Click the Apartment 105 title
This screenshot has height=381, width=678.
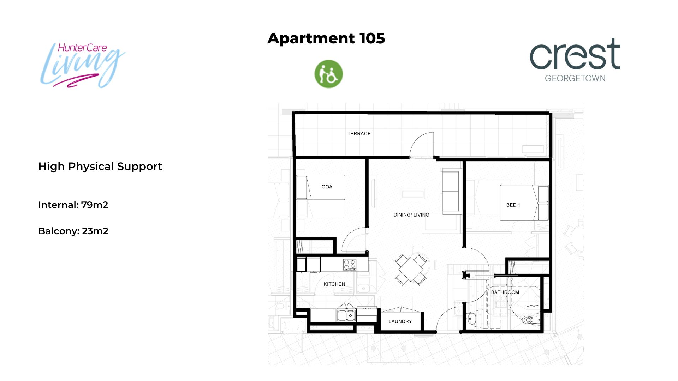pyautogui.click(x=326, y=38)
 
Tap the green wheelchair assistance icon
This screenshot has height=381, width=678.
pyautogui.click(x=328, y=74)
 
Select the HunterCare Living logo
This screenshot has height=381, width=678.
pyautogui.click(x=82, y=65)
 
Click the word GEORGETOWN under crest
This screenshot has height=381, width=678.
pyautogui.click(x=575, y=78)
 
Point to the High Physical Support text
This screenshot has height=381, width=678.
pyautogui.click(x=100, y=166)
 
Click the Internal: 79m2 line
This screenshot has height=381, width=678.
pyautogui.click(x=73, y=205)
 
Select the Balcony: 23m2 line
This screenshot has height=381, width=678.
pyautogui.click(x=73, y=231)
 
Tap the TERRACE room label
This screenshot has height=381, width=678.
pyautogui.click(x=359, y=134)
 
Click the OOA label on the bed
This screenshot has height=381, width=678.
pyautogui.click(x=327, y=187)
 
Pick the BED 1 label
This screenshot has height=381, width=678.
pyautogui.click(x=513, y=205)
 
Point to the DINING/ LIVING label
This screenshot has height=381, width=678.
pyautogui.click(x=411, y=215)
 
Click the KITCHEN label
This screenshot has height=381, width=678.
pyautogui.click(x=334, y=284)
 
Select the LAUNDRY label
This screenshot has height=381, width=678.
pyautogui.click(x=400, y=321)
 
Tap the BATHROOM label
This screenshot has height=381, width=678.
pyautogui.click(x=505, y=292)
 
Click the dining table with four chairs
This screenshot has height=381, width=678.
pyautogui.click(x=411, y=270)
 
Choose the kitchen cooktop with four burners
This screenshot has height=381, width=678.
pyautogui.click(x=350, y=265)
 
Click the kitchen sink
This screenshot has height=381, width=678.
pyautogui.click(x=346, y=315)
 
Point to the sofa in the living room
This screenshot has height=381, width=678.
pyautogui.click(x=452, y=191)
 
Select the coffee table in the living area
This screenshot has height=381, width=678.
pyautogui.click(x=413, y=194)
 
